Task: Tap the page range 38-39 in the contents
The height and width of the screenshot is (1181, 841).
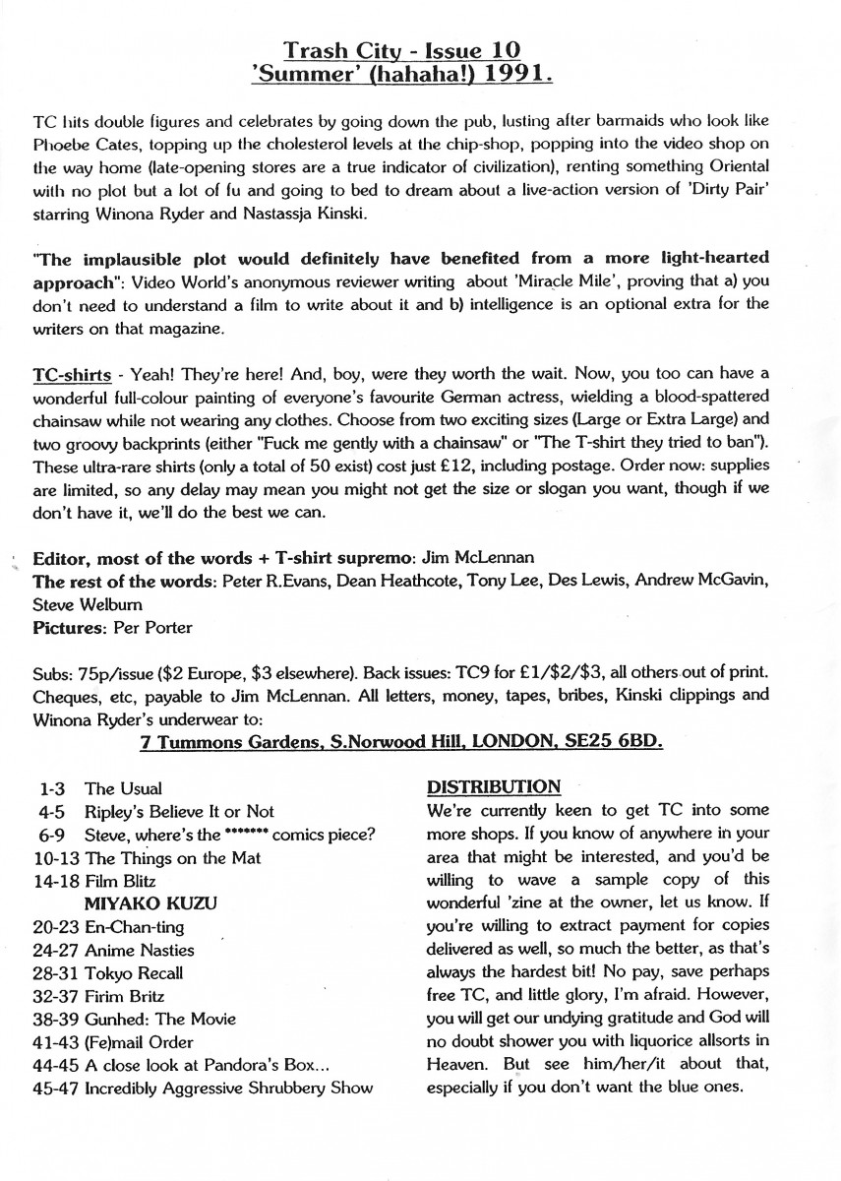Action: tap(55, 1019)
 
